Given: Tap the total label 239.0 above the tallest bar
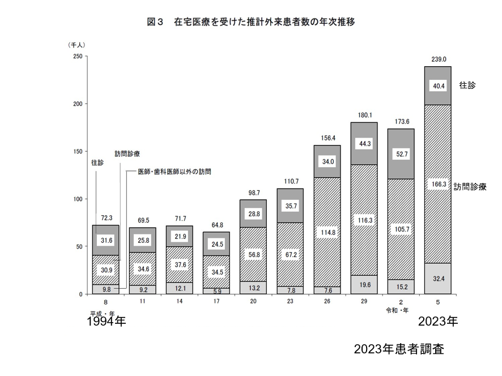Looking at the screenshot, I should (438, 59).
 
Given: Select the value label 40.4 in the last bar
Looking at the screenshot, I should (438, 86).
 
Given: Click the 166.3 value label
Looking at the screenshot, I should (438, 184).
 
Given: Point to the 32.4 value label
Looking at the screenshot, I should (438, 279).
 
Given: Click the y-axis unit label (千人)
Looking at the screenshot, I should (76, 44).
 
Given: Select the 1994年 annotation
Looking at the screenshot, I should (106, 322).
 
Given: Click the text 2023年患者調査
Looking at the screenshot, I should (399, 349).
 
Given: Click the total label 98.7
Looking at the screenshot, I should (253, 193).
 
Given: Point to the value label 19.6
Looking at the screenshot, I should (364, 285).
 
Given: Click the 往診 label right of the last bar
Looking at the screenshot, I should (467, 86).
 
